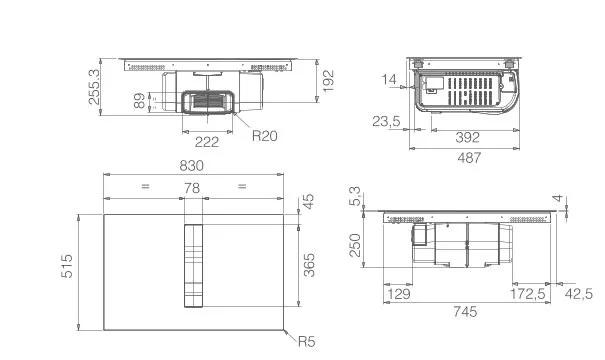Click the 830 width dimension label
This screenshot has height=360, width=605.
191,166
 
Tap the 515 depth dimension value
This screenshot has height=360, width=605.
67,266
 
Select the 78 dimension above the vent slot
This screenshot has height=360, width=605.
192,188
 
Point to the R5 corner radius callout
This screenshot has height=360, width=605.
307,341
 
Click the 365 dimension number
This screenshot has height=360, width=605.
309,265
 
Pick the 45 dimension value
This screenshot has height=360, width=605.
308,201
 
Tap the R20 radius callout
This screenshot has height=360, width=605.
265,136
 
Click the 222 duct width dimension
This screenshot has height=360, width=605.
207,142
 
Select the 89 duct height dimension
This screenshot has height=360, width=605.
139,101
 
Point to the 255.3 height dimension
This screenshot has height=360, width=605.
94,87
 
